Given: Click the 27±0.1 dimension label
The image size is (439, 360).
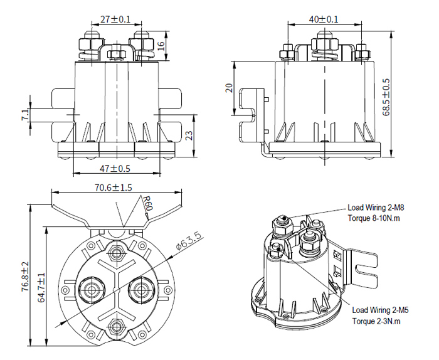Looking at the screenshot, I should coord(115,19).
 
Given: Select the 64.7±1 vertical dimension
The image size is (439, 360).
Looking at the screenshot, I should coord(41,285).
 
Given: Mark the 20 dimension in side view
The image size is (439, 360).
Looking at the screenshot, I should coord(229,88).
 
